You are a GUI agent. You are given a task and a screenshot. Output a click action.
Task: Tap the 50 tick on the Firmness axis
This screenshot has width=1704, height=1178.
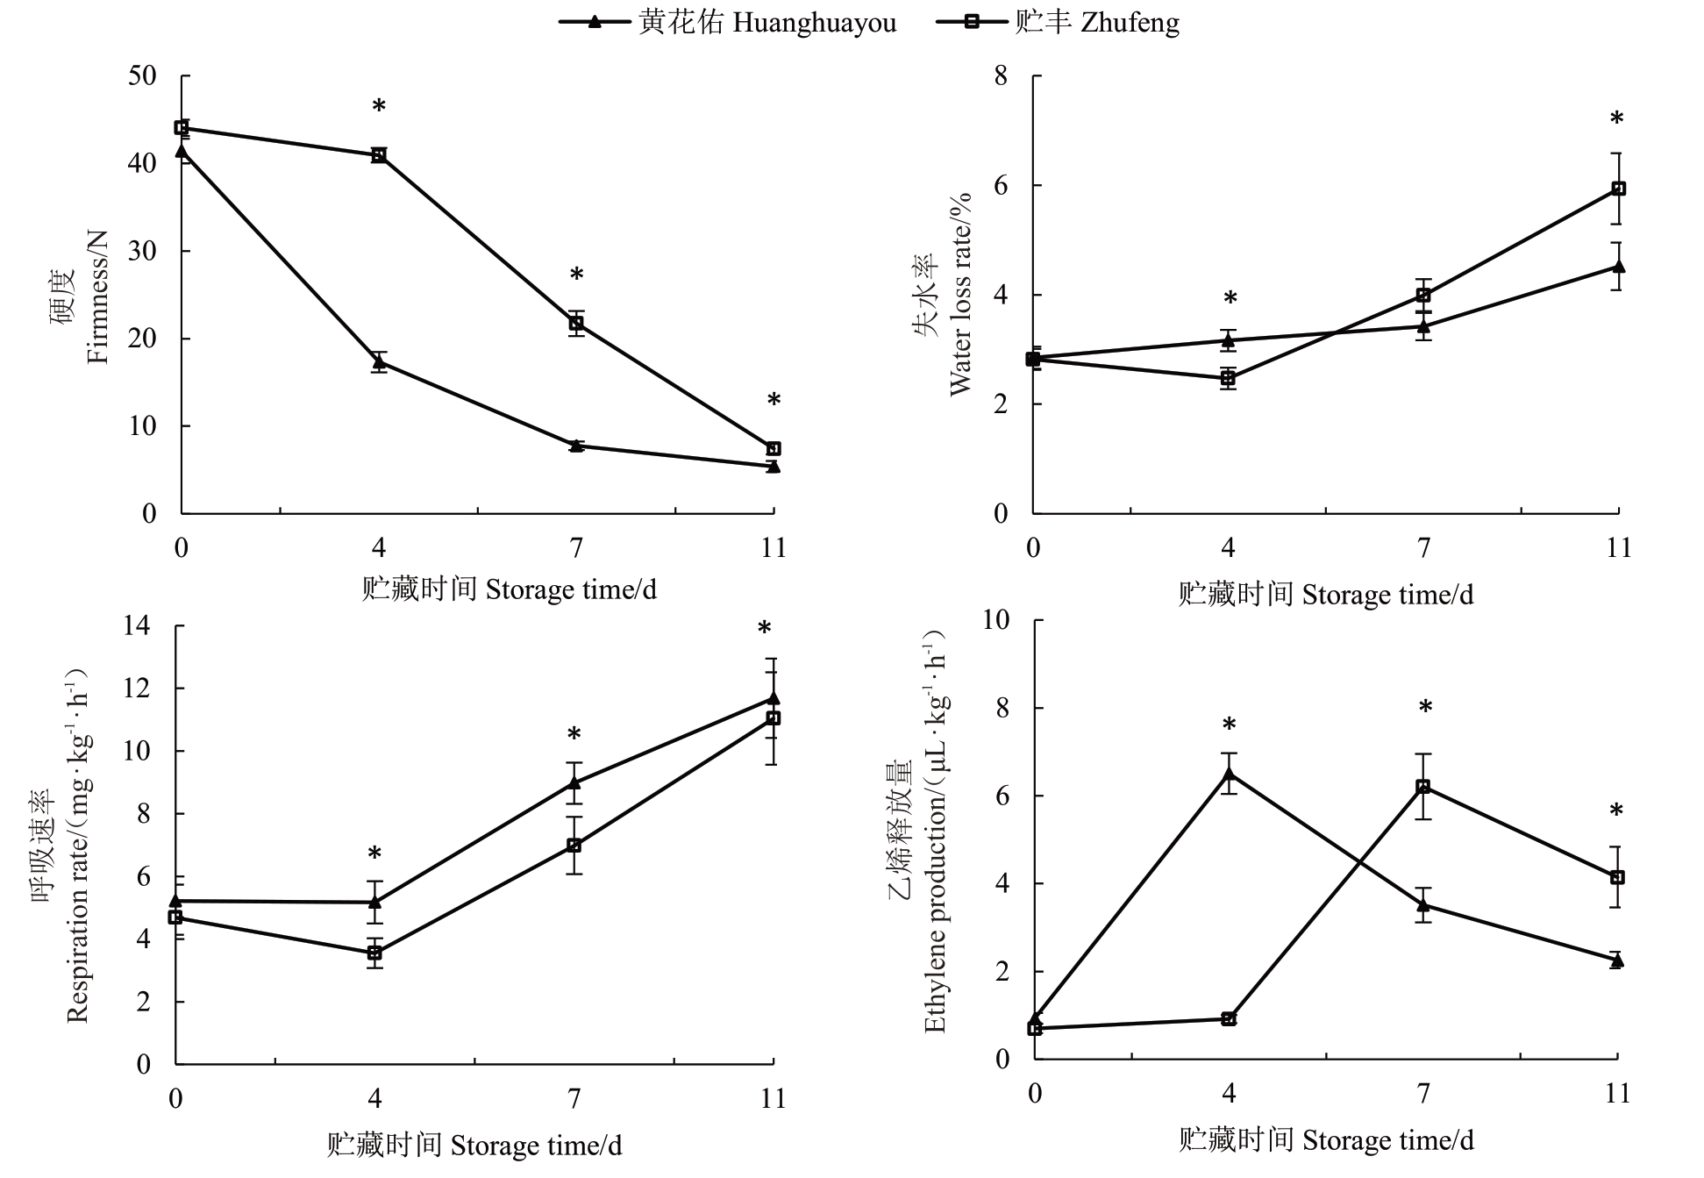(143, 75)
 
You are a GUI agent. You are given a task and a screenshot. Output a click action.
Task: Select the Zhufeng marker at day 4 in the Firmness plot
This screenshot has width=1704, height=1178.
(379, 155)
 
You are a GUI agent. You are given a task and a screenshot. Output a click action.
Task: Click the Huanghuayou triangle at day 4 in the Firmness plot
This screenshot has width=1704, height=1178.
(379, 361)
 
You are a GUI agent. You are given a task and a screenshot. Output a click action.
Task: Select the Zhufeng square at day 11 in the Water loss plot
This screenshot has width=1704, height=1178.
(1619, 189)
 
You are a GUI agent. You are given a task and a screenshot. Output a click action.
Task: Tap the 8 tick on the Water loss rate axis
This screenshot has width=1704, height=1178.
(1001, 75)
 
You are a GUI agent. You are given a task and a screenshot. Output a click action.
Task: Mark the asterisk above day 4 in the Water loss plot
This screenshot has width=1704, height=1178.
(1230, 299)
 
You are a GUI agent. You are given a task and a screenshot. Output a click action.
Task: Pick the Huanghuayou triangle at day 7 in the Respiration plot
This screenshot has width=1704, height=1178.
(574, 782)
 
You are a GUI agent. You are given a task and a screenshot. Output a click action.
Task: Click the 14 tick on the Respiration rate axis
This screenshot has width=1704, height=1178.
(137, 625)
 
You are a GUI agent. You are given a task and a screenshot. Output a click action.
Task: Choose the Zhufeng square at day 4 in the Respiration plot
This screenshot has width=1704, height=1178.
(374, 953)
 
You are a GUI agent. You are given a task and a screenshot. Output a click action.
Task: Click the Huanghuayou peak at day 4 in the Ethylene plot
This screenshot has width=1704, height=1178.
(1228, 774)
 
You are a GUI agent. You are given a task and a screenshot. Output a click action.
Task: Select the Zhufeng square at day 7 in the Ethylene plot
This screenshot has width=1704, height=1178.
(1422, 787)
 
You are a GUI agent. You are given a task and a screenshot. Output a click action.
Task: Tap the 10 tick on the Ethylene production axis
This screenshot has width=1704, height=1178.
(996, 619)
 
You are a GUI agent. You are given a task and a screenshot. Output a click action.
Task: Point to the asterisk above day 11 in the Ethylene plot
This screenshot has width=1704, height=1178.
(1616, 811)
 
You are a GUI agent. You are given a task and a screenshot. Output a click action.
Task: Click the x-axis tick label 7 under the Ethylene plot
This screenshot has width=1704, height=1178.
(1422, 1094)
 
